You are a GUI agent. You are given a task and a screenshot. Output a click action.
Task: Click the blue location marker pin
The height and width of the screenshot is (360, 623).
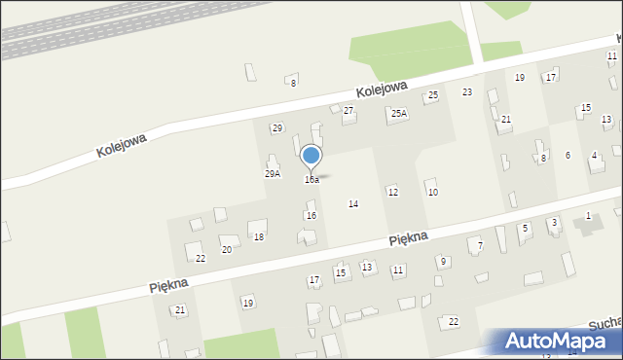(311, 157)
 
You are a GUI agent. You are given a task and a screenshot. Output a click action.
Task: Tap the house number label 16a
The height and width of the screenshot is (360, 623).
(311, 180)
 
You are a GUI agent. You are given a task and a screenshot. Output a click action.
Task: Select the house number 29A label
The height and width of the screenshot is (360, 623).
(273, 174)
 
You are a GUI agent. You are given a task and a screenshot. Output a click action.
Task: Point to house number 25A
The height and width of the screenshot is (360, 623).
(399, 114)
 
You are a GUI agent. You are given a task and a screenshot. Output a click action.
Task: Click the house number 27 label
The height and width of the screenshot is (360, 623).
(348, 111)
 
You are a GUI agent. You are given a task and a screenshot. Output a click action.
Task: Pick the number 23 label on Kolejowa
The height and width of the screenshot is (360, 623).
(467, 92)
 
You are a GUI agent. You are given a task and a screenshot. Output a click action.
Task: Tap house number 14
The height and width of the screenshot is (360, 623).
(353, 204)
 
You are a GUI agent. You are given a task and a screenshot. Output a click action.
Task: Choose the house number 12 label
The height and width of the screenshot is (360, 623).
(392, 193)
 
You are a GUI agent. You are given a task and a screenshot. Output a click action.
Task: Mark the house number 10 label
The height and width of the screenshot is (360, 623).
(433, 193)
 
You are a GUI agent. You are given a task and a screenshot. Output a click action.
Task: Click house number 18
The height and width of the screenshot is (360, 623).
(259, 237)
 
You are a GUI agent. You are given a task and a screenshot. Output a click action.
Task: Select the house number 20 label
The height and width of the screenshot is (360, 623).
(227, 250)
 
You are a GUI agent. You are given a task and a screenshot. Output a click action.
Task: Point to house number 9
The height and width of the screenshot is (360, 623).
(443, 261)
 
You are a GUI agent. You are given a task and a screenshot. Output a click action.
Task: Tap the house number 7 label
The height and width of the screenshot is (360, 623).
(480, 246)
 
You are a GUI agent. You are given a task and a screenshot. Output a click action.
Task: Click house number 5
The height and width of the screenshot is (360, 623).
(525, 229)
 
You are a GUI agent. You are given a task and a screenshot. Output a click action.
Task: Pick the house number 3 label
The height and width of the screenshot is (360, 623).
(554, 223)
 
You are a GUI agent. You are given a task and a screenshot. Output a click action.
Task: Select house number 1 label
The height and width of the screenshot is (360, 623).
(588, 215)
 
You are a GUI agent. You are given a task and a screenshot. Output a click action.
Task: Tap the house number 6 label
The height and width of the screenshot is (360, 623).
(568, 156)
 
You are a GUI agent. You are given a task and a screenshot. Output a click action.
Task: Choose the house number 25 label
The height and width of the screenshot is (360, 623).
(433, 94)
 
